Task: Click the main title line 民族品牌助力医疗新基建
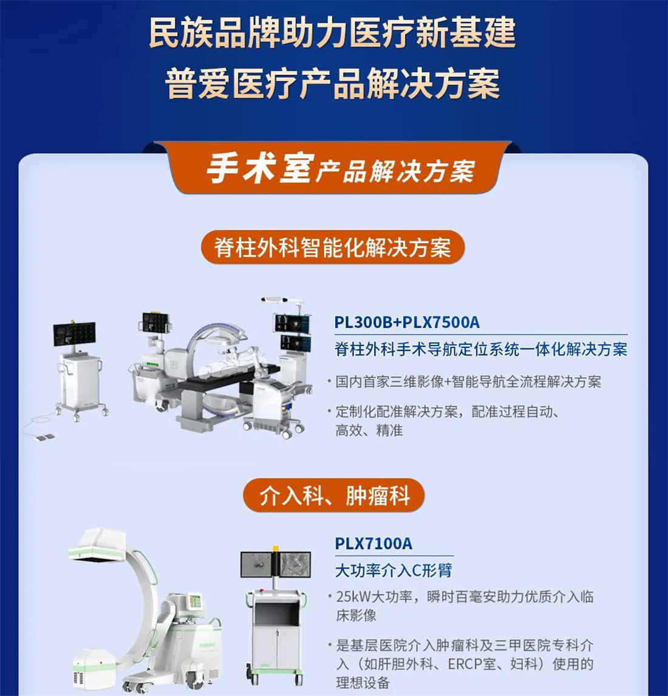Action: pos(333,33)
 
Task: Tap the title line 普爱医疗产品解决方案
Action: pos(333,83)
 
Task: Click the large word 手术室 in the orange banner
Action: pos(260,168)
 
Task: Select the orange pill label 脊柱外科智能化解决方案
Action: pos(333,247)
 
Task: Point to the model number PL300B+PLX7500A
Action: pos(407,322)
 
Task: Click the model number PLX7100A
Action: pos(373,543)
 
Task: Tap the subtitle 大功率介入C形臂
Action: pos(394,570)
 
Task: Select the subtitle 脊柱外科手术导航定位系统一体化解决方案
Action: pos(480,349)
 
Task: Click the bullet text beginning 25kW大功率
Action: pos(465,596)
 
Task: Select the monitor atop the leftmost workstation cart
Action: pos(74,333)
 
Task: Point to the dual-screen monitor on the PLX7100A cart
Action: pos(276,565)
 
